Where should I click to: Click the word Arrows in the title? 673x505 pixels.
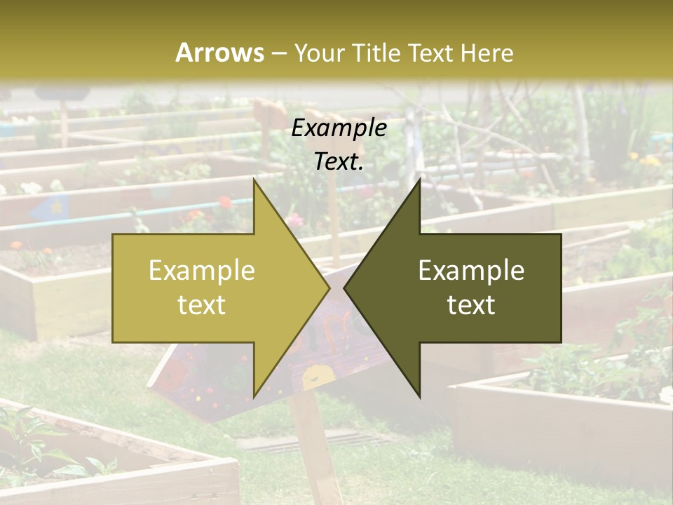click(219, 53)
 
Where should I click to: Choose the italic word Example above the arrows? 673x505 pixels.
click(339, 128)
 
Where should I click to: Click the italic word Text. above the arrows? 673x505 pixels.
click(339, 162)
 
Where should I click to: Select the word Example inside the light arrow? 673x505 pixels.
click(202, 271)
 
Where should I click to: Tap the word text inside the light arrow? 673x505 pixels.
click(202, 305)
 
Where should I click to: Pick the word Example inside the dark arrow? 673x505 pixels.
click(471, 271)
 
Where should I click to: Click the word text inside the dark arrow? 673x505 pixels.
click(471, 305)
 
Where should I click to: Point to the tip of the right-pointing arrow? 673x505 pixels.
click(329, 288)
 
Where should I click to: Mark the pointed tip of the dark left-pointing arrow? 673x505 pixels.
click(344, 288)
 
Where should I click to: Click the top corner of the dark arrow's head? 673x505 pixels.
click(420, 180)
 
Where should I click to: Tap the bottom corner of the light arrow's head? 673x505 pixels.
click(254, 397)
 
